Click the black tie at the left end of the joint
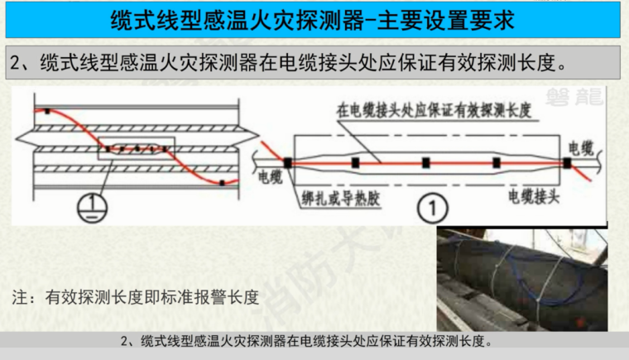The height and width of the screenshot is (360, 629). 287,164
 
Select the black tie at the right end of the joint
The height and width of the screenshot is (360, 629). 567,163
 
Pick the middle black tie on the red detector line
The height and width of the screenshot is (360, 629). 425,163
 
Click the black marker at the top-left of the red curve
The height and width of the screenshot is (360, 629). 48,110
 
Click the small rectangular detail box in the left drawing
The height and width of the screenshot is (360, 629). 137,147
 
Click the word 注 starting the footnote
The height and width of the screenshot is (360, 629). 23,296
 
